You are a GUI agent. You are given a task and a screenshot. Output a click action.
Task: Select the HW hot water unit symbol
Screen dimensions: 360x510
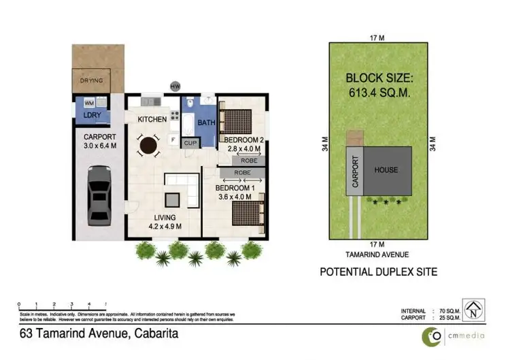175,86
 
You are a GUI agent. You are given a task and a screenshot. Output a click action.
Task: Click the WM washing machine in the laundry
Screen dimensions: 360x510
89,103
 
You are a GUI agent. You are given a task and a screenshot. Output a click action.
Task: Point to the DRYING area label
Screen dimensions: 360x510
91,81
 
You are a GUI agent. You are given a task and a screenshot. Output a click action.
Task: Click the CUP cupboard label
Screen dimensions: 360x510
191,144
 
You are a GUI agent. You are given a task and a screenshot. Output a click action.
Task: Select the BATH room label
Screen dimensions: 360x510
206,122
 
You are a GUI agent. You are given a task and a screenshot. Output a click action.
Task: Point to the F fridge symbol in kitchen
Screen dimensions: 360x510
173,141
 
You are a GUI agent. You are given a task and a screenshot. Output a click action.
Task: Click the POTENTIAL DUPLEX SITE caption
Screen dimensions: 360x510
379,272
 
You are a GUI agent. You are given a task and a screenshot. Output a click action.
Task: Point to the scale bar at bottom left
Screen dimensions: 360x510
62,308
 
